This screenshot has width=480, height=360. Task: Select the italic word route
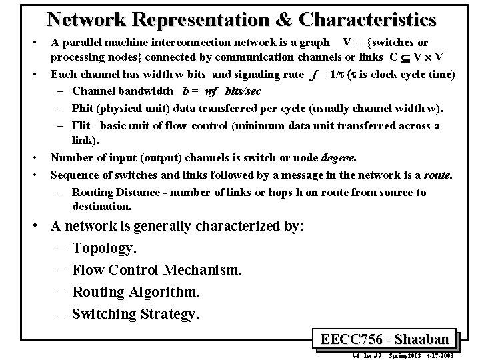tap(437, 175)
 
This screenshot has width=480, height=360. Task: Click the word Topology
tap(105, 248)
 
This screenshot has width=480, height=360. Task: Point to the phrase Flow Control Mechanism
tap(157, 270)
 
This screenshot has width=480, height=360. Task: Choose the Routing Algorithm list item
tap(136, 291)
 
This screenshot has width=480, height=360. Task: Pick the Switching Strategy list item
tap(135, 313)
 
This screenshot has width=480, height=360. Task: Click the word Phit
tap(85, 109)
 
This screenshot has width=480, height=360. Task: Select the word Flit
tap(83, 126)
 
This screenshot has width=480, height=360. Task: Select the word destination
tap(103, 207)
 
